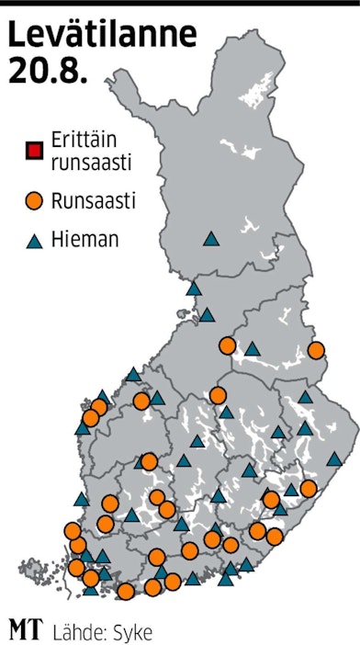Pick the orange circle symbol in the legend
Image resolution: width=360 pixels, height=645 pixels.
point(34,199)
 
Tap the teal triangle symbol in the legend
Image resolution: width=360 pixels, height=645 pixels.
point(34,242)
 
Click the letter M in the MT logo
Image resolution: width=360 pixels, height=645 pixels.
point(19,630)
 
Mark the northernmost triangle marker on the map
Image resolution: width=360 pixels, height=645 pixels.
point(210,239)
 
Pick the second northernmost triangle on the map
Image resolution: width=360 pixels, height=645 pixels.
point(194,289)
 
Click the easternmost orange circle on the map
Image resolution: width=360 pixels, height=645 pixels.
point(317,350)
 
